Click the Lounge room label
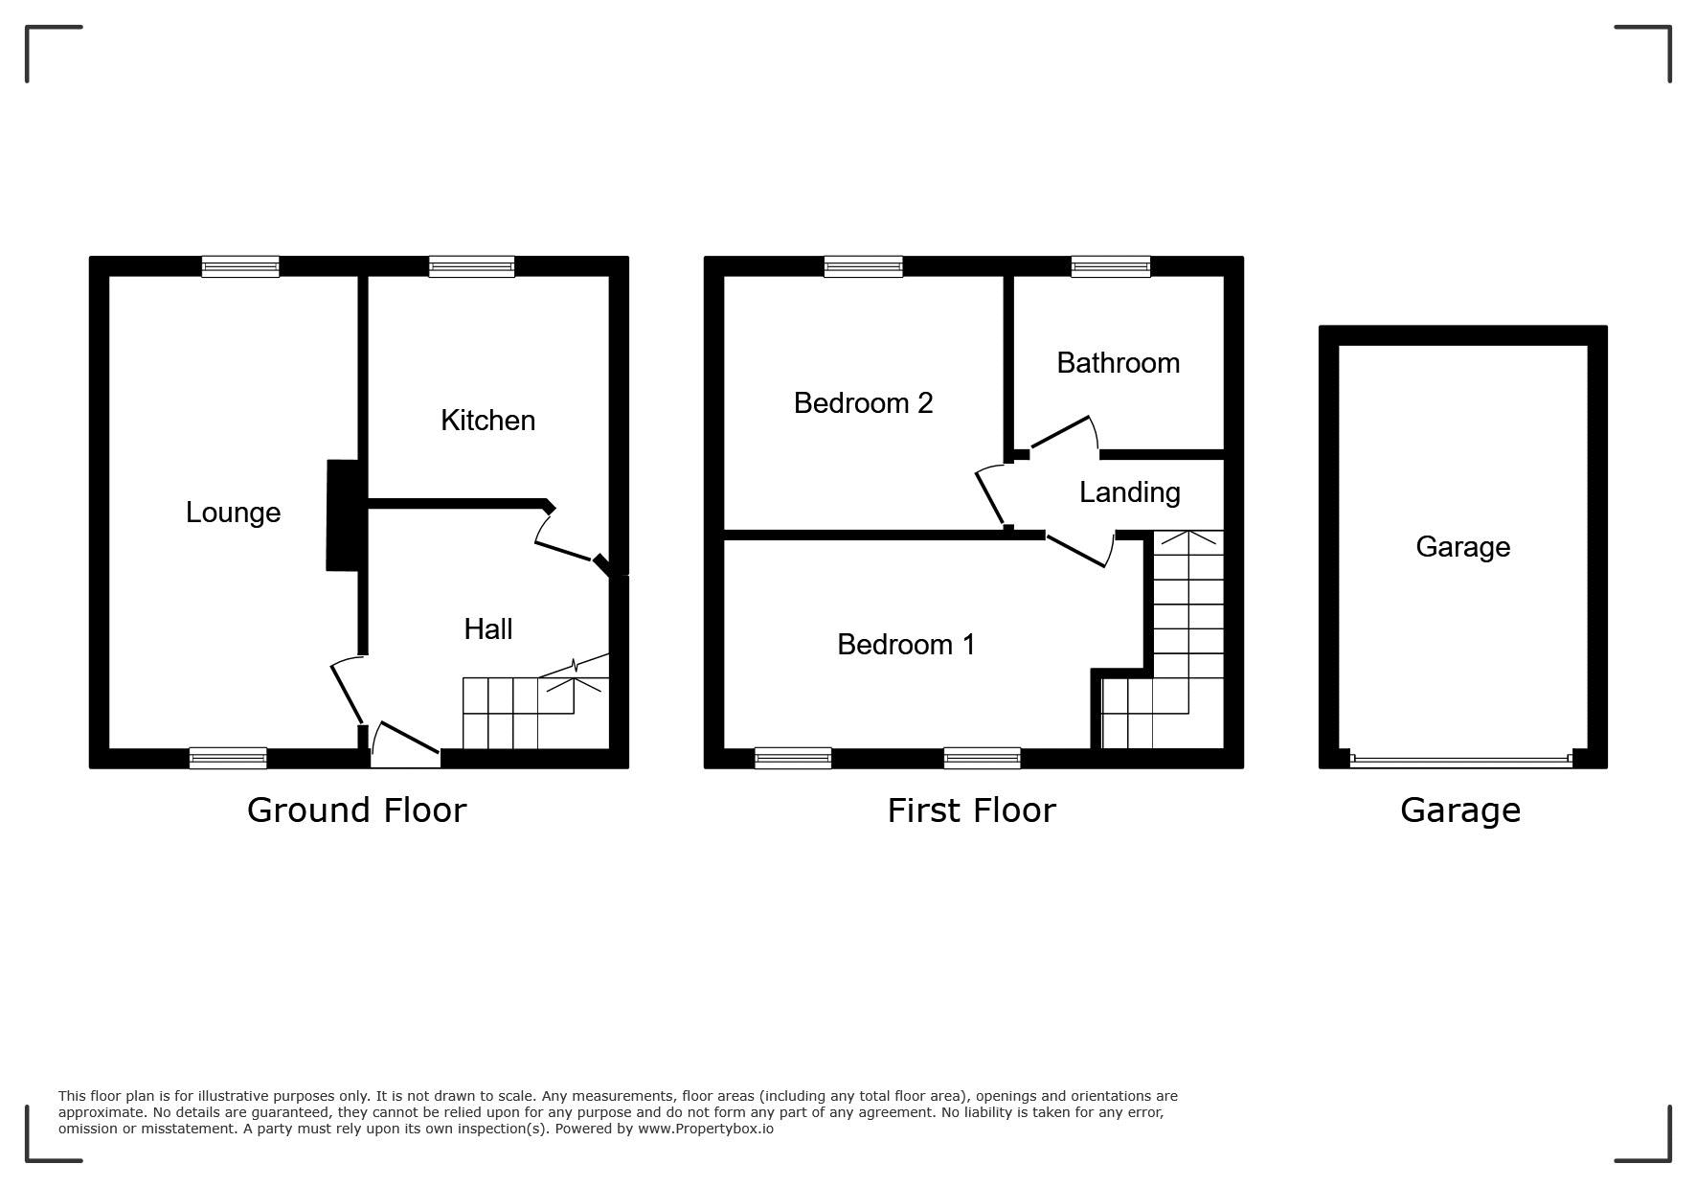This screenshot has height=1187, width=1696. coord(233,513)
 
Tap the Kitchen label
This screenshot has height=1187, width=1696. coord(487,421)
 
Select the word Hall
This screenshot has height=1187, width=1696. coord(488,629)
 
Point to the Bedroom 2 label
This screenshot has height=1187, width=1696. coord(863,403)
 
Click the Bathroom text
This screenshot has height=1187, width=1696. coord(1118,363)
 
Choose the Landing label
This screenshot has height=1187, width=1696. coord(1129,492)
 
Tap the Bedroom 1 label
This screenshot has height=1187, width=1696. coord(906,645)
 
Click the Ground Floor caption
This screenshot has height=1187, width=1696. coord(356,810)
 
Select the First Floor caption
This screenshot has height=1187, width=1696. coord(971,810)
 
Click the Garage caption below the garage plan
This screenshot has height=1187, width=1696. coord(1459,810)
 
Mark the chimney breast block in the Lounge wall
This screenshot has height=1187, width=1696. coord(343,515)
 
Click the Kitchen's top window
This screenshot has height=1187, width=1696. coord(472,266)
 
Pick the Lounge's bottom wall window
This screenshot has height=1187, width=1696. coord(228,759)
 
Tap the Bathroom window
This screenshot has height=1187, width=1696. coord(1111,266)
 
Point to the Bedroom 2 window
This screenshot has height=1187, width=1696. coord(863,266)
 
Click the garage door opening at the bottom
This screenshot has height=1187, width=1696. coord(1461,761)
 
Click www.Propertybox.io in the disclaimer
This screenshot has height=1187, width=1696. coord(706,1129)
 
